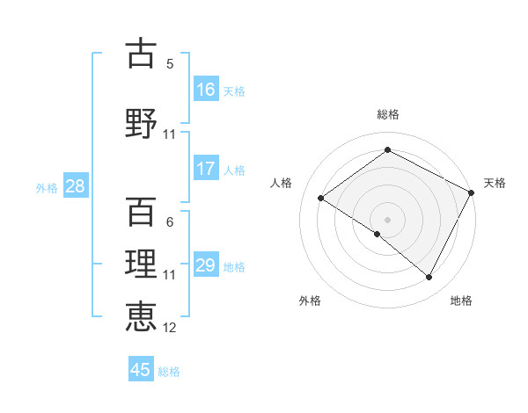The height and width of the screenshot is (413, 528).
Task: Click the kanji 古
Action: [142, 54]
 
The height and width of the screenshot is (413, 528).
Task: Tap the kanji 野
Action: [142, 122]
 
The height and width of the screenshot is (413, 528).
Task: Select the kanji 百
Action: [142, 212]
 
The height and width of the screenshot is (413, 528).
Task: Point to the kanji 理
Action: [142, 264]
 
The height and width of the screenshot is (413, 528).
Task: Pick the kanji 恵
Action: [142, 315]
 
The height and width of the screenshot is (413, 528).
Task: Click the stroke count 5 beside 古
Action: [170, 64]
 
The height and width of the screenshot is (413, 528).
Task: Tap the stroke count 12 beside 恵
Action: [170, 328]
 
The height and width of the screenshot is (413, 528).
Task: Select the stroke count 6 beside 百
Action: [170, 222]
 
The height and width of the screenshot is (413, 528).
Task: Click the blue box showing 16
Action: [206, 90]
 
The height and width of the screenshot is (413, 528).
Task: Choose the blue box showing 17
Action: [206, 169]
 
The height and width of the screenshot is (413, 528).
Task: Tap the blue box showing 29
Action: [206, 265]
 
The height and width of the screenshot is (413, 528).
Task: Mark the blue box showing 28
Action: [74, 186]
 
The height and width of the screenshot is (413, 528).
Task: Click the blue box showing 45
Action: [141, 370]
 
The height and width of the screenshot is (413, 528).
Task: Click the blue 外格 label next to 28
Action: [47, 187]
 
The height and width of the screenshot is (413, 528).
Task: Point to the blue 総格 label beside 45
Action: [169, 372]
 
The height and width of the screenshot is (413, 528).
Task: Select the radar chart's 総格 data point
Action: [387, 149]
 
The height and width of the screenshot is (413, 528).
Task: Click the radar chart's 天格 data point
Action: [471, 192]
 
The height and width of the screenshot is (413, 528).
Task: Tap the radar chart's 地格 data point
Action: [429, 278]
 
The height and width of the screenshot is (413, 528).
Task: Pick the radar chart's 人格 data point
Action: [321, 198]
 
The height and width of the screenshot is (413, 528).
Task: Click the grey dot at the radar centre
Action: [387, 219]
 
